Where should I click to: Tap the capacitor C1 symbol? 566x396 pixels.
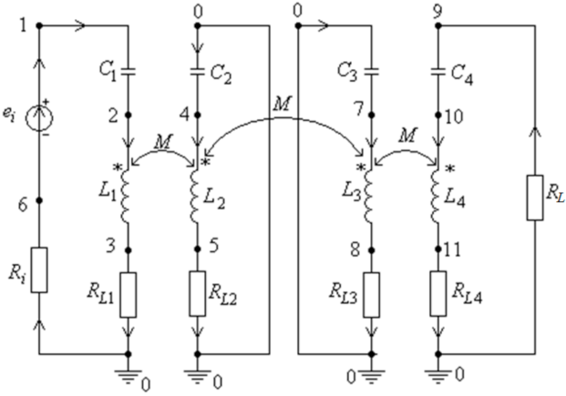130,66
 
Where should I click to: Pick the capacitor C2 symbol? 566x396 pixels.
199,66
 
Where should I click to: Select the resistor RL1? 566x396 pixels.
130,294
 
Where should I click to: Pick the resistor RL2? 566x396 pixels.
199,294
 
